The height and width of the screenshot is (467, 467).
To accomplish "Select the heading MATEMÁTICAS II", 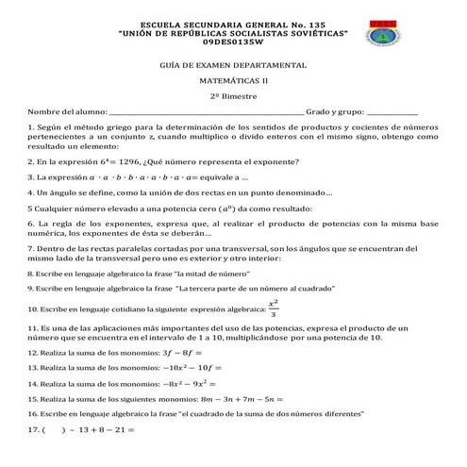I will pos(234,81).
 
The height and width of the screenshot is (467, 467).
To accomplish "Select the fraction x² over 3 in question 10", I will pos(274,309).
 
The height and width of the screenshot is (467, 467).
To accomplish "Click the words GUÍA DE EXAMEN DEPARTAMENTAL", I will pos(234,64).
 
